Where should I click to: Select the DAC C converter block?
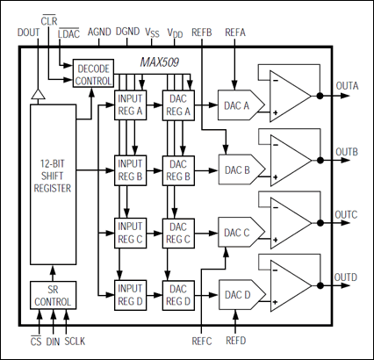pos(236,232)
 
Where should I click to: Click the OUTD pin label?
pos(347,277)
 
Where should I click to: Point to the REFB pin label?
pos(201,32)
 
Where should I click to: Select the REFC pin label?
pos(202,338)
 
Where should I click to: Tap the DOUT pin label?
pos(29,32)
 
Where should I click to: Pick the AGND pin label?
pos(99,32)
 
